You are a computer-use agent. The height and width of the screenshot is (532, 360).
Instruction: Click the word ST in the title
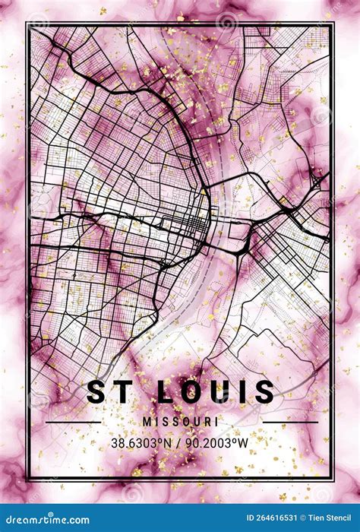pyautogui.click(x=109, y=392)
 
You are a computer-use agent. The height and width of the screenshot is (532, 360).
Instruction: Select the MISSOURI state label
pyautogui.click(x=180, y=421)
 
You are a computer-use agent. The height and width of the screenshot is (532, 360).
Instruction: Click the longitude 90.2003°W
pyautogui.click(x=218, y=441)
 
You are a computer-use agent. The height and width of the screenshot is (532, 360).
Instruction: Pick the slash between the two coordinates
pyautogui.click(x=180, y=441)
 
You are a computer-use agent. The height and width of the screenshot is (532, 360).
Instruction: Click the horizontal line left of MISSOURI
pyautogui.click(x=73, y=422)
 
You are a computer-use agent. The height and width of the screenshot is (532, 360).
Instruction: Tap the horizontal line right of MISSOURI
pyautogui.click(x=290, y=422)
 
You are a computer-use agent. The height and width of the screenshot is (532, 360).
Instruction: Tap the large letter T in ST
pyautogui.click(x=120, y=392)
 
